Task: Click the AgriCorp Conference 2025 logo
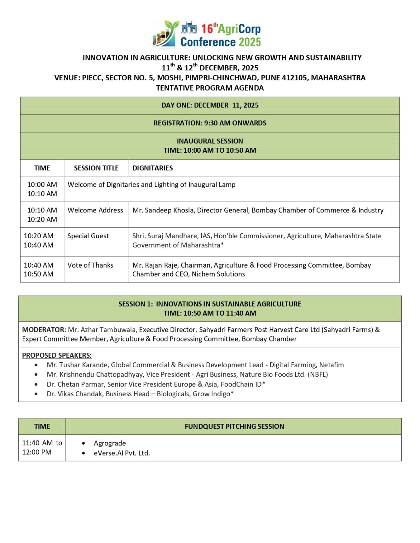click(207, 34)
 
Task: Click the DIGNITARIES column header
click(153, 168)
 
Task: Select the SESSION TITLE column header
click(96, 168)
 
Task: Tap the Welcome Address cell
click(95, 210)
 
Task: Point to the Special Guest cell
click(88, 236)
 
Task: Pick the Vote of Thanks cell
click(90, 265)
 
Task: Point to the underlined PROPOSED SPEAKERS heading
click(57, 355)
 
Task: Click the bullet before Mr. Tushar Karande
click(36, 365)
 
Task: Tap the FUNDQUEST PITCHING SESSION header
click(234, 426)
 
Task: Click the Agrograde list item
click(110, 443)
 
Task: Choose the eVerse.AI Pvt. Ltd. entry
click(122, 453)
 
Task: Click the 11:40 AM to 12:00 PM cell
click(42, 448)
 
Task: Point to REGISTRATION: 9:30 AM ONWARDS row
click(210, 123)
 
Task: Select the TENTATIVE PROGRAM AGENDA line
click(210, 88)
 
